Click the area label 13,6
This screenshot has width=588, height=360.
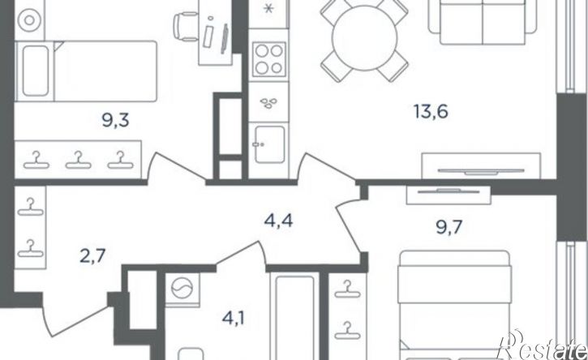pos(431,111)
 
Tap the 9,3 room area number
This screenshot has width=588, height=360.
pos(115,121)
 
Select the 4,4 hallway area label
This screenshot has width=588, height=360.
pos(278,221)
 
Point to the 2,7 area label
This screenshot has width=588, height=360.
pos(92,257)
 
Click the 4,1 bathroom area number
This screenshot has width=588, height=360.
pos(234,319)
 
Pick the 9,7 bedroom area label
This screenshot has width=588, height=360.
pos(449,227)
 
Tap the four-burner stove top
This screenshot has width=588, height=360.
pos(269,60)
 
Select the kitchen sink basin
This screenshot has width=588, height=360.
pos(269,144)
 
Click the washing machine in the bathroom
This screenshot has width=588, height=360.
pos(182,289)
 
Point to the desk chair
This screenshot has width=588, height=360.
pos(186,25)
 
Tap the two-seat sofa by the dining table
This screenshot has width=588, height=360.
pos(483,23)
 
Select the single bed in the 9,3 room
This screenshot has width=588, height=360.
pos(85,71)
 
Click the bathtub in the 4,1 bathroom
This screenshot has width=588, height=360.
pos(294,318)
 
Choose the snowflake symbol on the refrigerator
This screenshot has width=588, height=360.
pos(268,9)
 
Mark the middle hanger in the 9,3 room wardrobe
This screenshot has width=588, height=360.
pos(79,160)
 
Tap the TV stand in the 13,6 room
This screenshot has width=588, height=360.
pos(481,165)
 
